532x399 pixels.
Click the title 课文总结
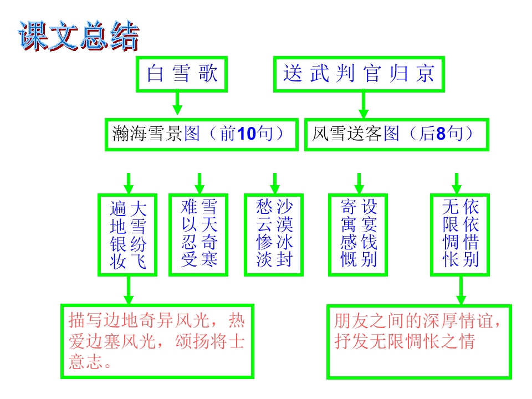(x=78, y=37)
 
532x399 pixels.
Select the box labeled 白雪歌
(x=182, y=74)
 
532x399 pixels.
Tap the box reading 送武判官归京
(x=359, y=74)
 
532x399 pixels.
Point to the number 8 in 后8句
(x=442, y=134)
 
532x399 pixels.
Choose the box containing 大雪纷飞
(x=128, y=234)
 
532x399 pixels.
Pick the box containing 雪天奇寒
(x=199, y=234)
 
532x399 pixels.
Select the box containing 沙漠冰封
(x=274, y=234)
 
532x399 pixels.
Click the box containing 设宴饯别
(x=359, y=234)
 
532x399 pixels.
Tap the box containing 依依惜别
(x=461, y=234)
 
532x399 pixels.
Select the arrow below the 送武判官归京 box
(x=364, y=103)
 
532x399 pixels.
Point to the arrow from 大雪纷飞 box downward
(x=129, y=289)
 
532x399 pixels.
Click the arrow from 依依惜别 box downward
(x=461, y=289)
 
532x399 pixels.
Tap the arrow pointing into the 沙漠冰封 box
(x=274, y=183)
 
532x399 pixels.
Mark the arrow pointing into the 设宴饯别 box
(x=359, y=183)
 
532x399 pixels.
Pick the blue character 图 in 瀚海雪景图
(x=192, y=134)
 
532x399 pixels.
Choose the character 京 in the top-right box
(x=425, y=74)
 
